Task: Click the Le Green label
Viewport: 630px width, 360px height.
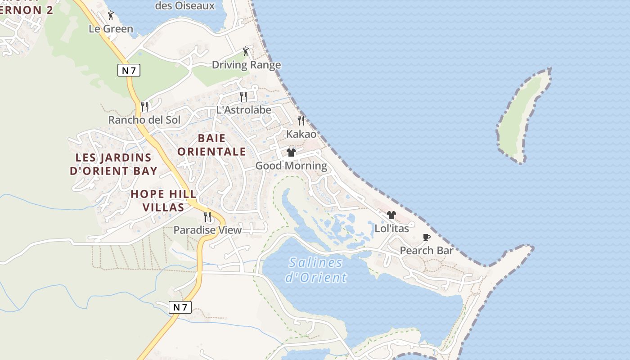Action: point(111,29)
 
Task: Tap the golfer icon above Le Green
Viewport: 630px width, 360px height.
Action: point(111,15)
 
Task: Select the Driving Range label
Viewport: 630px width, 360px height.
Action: point(246,65)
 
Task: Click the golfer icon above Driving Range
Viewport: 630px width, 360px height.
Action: point(246,51)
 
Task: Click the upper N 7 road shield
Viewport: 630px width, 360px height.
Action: point(129,70)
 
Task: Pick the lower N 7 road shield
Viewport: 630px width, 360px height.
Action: point(180,307)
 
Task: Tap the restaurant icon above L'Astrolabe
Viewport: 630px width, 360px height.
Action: point(243,96)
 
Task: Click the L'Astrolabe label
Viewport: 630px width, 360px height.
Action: point(243,110)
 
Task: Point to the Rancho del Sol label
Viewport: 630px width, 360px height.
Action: point(144,120)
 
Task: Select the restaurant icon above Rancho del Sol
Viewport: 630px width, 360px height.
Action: point(144,107)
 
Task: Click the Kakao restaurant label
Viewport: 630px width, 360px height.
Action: point(301,134)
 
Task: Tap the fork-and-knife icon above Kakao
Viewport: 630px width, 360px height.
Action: point(301,121)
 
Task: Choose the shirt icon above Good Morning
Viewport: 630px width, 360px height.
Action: point(291,153)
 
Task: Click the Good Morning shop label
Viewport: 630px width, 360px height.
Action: point(291,166)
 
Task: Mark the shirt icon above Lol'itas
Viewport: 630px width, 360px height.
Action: point(391,215)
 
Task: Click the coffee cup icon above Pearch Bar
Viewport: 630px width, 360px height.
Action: point(427,237)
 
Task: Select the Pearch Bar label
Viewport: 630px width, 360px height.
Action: point(426,251)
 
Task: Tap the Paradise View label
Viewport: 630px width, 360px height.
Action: point(207,230)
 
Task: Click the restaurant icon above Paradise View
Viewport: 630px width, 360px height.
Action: point(207,217)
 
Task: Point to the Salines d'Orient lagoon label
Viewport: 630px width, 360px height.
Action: point(316,270)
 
